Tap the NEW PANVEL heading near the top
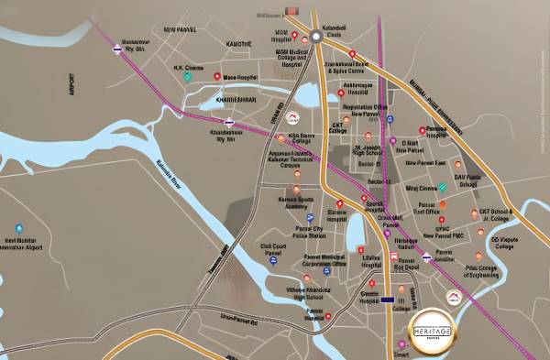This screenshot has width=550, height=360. coord(181,29)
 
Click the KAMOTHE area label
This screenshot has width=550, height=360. coord(238,43)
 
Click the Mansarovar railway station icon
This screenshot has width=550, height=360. coord(122,53)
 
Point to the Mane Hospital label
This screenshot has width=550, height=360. coord(240,77)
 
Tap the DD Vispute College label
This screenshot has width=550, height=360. coord(504,242)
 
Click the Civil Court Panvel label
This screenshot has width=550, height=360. coord(273,249)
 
